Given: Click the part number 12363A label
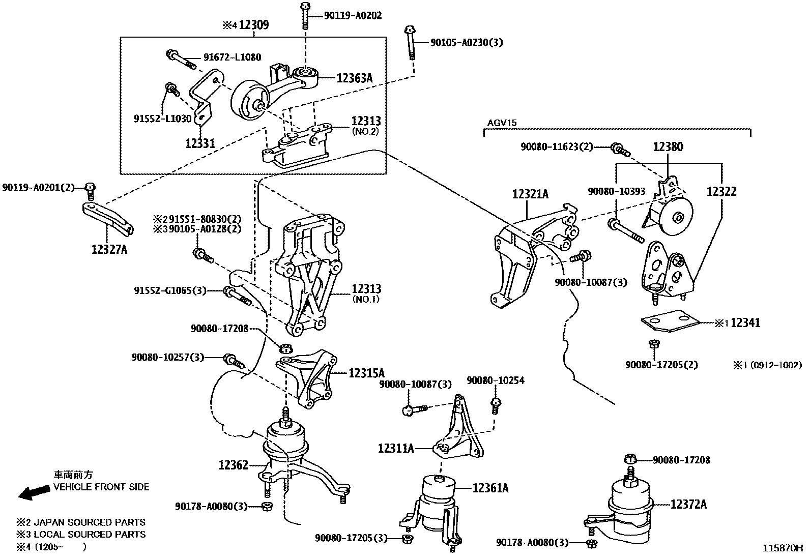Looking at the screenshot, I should [355, 78].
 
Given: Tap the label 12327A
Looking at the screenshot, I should [109, 250].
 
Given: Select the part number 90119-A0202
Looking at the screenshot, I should [353, 16].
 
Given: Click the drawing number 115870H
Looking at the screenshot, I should [782, 548].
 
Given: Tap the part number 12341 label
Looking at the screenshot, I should [745, 322].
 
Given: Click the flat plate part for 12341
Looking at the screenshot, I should [671, 322].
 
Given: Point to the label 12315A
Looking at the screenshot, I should [367, 373].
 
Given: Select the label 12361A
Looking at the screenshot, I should [490, 488].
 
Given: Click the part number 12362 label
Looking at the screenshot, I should [234, 465].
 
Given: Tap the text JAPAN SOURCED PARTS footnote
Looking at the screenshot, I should [89, 522].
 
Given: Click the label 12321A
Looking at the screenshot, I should [530, 194].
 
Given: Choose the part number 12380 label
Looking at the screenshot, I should [668, 147].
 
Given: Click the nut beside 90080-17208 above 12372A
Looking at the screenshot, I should [630, 459].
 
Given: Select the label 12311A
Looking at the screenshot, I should [395, 449].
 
